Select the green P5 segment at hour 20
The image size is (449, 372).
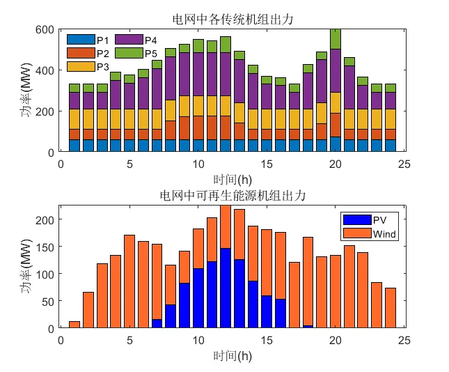click(336, 39)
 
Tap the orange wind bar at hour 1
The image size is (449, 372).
click(74, 325)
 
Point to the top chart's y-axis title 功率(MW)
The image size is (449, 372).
click(27, 91)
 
